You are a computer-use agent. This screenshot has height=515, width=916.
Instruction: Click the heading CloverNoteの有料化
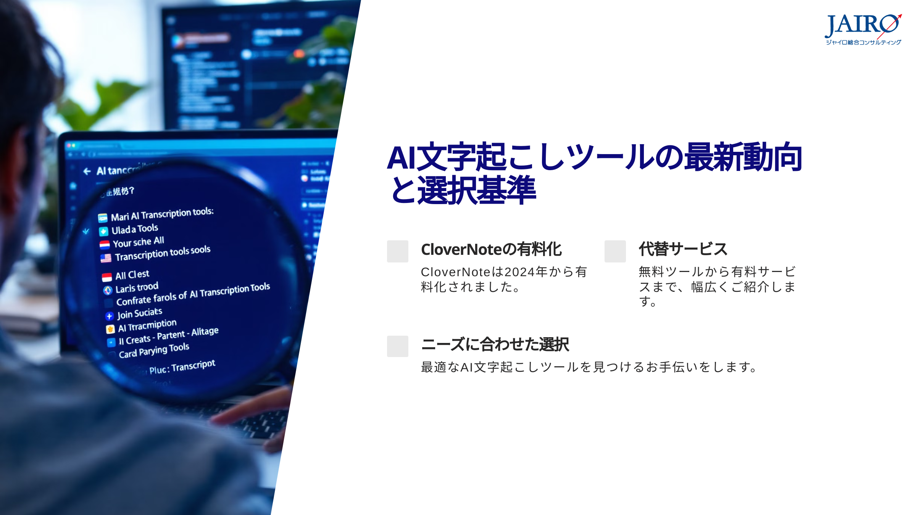click(x=491, y=249)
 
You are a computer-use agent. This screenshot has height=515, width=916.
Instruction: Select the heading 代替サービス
click(x=683, y=249)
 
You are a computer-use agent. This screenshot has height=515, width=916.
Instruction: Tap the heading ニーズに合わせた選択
click(x=495, y=344)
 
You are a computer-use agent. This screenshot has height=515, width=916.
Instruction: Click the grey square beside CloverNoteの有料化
click(x=397, y=251)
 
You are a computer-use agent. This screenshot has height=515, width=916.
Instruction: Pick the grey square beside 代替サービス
click(x=615, y=251)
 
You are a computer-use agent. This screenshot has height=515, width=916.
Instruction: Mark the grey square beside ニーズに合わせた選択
click(x=397, y=346)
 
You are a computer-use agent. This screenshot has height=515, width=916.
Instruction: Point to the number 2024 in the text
click(x=519, y=272)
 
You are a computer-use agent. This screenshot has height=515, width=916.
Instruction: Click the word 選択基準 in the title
click(x=477, y=190)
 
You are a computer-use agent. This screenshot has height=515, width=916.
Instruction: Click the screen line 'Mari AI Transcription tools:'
click(x=162, y=214)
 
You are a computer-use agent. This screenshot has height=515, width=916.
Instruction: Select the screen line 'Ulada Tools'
click(x=134, y=229)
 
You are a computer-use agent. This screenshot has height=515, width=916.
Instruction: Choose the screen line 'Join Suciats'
click(x=139, y=314)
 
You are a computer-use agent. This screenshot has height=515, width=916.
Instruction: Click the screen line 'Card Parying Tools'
click(x=154, y=350)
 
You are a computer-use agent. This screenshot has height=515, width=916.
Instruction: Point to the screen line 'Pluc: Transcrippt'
click(x=182, y=367)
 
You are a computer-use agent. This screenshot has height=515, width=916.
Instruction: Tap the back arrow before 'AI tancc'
click(x=87, y=172)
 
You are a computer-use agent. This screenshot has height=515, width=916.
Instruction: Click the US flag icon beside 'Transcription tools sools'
click(x=106, y=258)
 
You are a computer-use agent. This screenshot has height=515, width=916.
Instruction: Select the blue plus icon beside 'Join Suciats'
click(x=110, y=316)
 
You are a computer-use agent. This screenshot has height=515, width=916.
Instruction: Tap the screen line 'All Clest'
click(x=132, y=275)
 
